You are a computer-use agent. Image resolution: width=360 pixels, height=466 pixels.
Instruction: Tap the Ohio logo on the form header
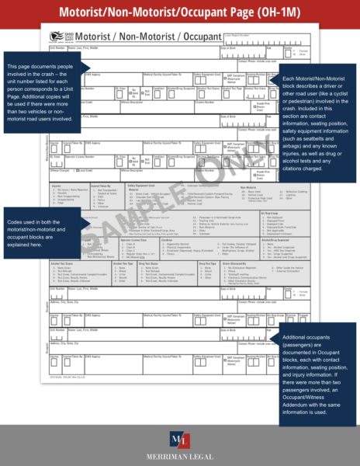(x=61, y=37)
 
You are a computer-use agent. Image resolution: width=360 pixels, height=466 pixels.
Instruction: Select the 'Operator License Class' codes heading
(x=135, y=240)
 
